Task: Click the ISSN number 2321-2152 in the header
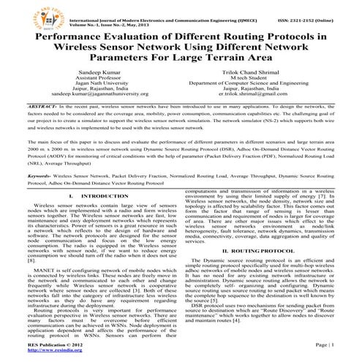pyautogui.click(x=315, y=8)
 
